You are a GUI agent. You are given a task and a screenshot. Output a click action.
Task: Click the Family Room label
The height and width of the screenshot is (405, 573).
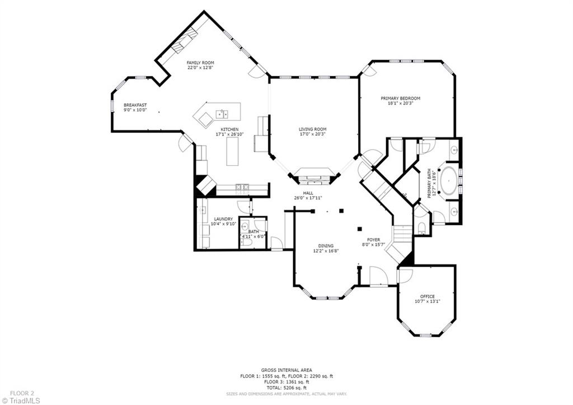200,63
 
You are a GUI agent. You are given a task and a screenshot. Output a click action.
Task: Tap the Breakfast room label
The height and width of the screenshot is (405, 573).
135,105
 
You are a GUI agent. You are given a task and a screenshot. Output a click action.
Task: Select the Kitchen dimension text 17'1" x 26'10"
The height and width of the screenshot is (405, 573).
229,134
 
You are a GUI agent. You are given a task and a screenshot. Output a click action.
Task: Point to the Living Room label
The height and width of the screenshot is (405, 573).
312,129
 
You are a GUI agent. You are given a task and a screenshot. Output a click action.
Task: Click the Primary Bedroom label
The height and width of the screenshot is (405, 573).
401,99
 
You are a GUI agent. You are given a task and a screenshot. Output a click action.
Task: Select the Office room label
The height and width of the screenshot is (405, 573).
427,296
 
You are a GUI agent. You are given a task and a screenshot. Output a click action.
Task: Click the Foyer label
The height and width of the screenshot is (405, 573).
373,240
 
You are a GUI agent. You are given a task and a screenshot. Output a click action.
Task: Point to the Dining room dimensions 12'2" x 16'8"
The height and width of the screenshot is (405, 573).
326,251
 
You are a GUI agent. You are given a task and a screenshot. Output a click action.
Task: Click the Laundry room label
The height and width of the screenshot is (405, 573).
223,219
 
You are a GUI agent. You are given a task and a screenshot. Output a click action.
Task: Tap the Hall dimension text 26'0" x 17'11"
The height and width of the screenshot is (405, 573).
308,198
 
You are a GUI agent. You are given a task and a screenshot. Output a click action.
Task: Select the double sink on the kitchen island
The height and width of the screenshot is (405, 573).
222,114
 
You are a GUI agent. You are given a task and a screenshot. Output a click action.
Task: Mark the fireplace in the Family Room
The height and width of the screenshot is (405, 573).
185,40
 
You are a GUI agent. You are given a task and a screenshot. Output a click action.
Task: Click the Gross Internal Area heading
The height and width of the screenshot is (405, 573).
286,370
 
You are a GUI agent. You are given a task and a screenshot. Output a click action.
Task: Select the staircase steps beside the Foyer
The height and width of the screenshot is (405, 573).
402,234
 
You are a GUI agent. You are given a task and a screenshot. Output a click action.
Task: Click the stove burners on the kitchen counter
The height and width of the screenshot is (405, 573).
242,188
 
